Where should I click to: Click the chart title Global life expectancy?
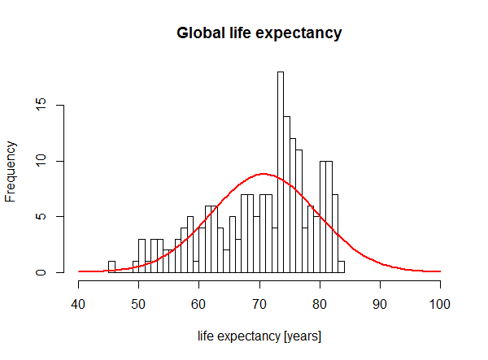[x=259, y=33]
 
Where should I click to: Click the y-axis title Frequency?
[x=11, y=171]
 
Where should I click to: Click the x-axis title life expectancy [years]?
[x=259, y=336]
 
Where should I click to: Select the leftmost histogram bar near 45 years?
[x=111, y=267]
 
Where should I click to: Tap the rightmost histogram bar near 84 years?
[x=341, y=267]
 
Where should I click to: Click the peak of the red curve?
[x=262, y=174]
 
